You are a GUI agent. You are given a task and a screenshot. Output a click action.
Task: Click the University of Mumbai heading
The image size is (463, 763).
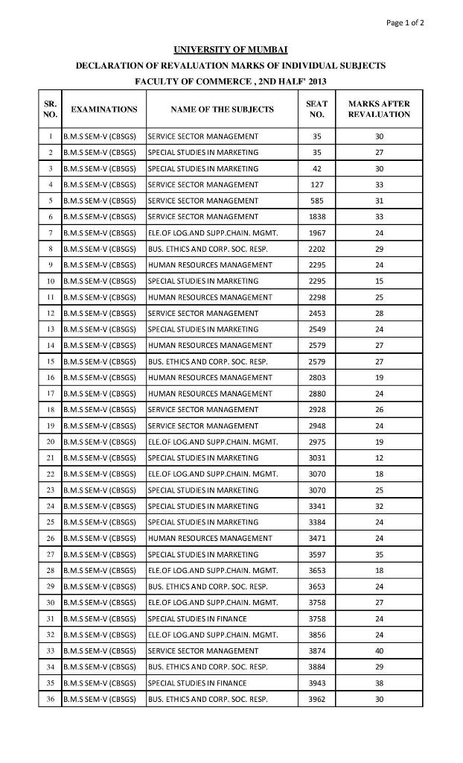230,49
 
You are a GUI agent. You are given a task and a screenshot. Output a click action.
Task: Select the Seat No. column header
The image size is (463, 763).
316,110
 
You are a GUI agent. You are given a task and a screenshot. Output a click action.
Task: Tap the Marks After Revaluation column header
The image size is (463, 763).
379,110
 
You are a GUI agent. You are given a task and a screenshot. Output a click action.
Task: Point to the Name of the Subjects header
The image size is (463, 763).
222,110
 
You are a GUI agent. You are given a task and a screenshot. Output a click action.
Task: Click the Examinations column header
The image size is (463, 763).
103,110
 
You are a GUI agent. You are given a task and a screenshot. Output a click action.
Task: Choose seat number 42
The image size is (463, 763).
316,168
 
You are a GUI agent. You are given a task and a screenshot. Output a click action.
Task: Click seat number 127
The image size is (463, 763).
316,185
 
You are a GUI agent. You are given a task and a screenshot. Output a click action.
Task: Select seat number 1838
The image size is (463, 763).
316,217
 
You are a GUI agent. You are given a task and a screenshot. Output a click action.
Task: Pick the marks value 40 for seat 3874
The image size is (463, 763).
379,651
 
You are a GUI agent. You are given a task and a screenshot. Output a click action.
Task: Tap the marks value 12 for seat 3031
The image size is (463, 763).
379,458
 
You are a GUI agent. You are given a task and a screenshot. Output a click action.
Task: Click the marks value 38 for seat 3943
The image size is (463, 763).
379,683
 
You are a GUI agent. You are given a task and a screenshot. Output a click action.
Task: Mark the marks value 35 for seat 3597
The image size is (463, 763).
379,554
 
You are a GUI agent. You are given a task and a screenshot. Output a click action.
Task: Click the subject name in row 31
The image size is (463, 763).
197,619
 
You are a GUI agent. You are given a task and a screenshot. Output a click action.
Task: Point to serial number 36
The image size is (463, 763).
50,700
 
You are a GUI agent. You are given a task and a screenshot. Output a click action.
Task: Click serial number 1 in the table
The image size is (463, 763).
50,136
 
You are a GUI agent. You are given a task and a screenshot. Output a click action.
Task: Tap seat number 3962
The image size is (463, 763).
316,700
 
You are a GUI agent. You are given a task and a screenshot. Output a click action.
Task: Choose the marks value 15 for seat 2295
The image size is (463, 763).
379,281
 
